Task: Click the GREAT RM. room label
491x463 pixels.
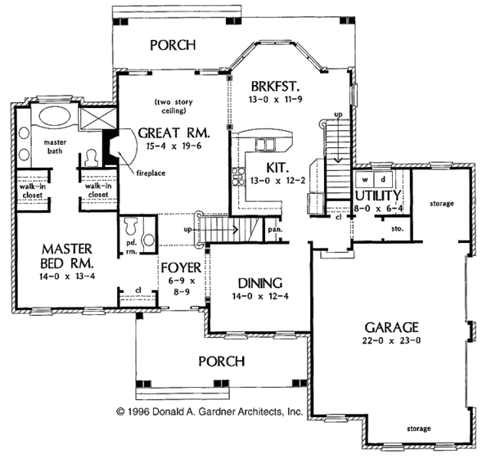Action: click(x=173, y=133)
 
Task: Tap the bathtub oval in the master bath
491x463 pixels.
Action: click(x=55, y=116)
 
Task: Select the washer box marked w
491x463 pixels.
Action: click(x=365, y=180)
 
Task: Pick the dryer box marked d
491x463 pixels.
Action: click(x=383, y=180)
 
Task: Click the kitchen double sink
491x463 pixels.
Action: click(x=264, y=145)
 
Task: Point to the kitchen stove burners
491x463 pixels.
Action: click(x=237, y=177)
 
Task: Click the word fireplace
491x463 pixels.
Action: click(x=151, y=173)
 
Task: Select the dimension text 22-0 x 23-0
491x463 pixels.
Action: click(x=391, y=340)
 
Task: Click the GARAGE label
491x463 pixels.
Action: click(x=391, y=327)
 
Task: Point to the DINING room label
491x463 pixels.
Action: click(x=260, y=283)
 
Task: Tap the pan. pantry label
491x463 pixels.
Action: click(x=275, y=230)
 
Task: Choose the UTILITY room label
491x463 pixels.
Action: click(x=378, y=196)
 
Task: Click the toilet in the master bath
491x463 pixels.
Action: click(x=90, y=158)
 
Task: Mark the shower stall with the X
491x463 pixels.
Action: click(x=97, y=119)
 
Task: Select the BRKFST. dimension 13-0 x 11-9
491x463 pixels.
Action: click(x=276, y=100)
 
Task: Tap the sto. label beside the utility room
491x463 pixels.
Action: click(x=398, y=229)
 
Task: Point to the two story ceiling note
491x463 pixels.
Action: click(x=173, y=106)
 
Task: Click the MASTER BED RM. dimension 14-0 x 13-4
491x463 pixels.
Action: click(x=67, y=276)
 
